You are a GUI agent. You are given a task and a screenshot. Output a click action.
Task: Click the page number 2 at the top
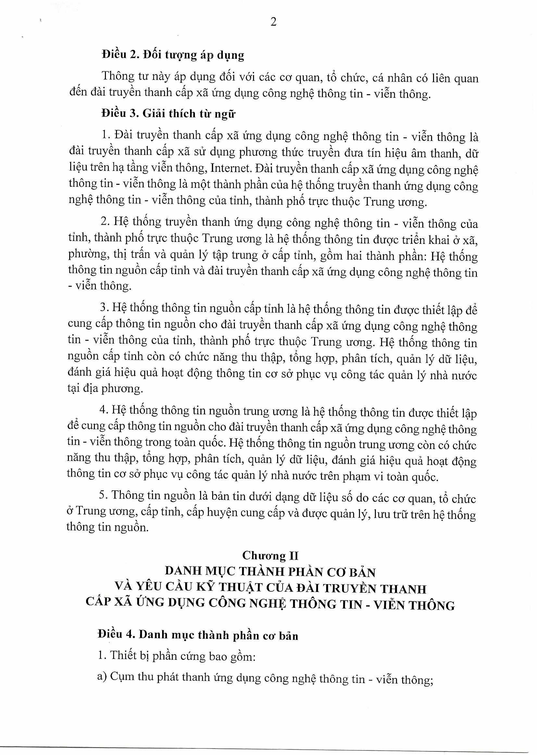(273, 22)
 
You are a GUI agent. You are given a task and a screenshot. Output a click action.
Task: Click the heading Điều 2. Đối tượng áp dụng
(173, 55)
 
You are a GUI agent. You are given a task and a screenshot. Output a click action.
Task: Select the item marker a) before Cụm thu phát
(101, 678)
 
